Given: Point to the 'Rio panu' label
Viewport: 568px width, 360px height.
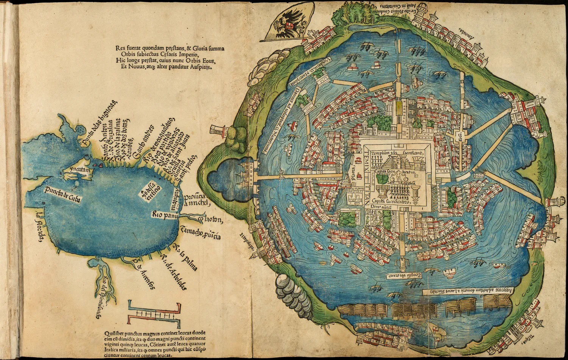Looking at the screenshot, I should coord(164,215).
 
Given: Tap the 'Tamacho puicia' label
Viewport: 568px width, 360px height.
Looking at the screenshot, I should coord(200,233).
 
